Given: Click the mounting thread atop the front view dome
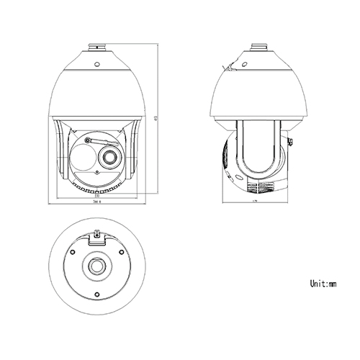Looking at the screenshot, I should point(95,47).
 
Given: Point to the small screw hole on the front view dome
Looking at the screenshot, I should point(95,63).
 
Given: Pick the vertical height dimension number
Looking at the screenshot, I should point(156,115).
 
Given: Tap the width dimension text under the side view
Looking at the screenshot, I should point(255,202).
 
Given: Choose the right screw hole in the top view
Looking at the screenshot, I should point(119,252).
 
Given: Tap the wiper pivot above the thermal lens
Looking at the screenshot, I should point(87,140).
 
